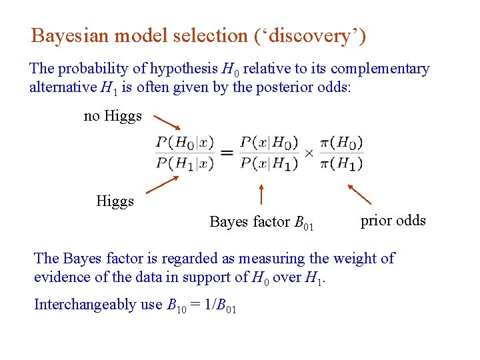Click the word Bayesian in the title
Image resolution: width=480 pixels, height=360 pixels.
[71, 36]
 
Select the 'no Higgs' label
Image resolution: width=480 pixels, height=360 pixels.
[113, 116]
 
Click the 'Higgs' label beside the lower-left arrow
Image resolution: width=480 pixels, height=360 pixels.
[115, 201]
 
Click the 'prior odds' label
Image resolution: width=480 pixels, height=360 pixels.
[393, 221]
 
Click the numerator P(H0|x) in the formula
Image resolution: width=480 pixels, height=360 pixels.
[185, 143]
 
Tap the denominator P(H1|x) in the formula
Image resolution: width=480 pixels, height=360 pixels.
[185, 163]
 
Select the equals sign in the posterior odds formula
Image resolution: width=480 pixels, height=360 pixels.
[227, 153]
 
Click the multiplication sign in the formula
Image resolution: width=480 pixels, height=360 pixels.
[309, 153]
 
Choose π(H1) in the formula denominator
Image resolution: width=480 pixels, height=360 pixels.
[341, 163]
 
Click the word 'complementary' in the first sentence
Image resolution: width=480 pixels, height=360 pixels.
[380, 69]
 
